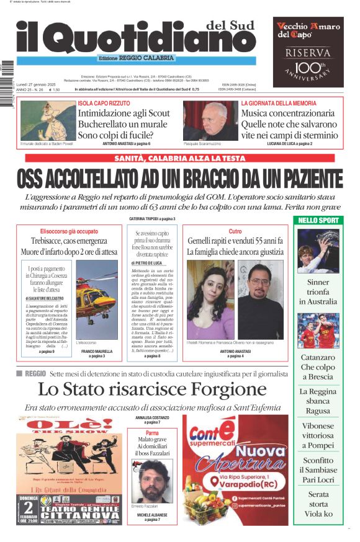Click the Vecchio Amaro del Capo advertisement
pos(308,52)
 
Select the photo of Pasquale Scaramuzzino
pos(210,120)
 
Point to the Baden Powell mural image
pos(47,120)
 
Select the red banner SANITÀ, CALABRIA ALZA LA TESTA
pos(179,159)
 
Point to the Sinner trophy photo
pos(318,251)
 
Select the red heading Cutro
pos(235,231)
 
